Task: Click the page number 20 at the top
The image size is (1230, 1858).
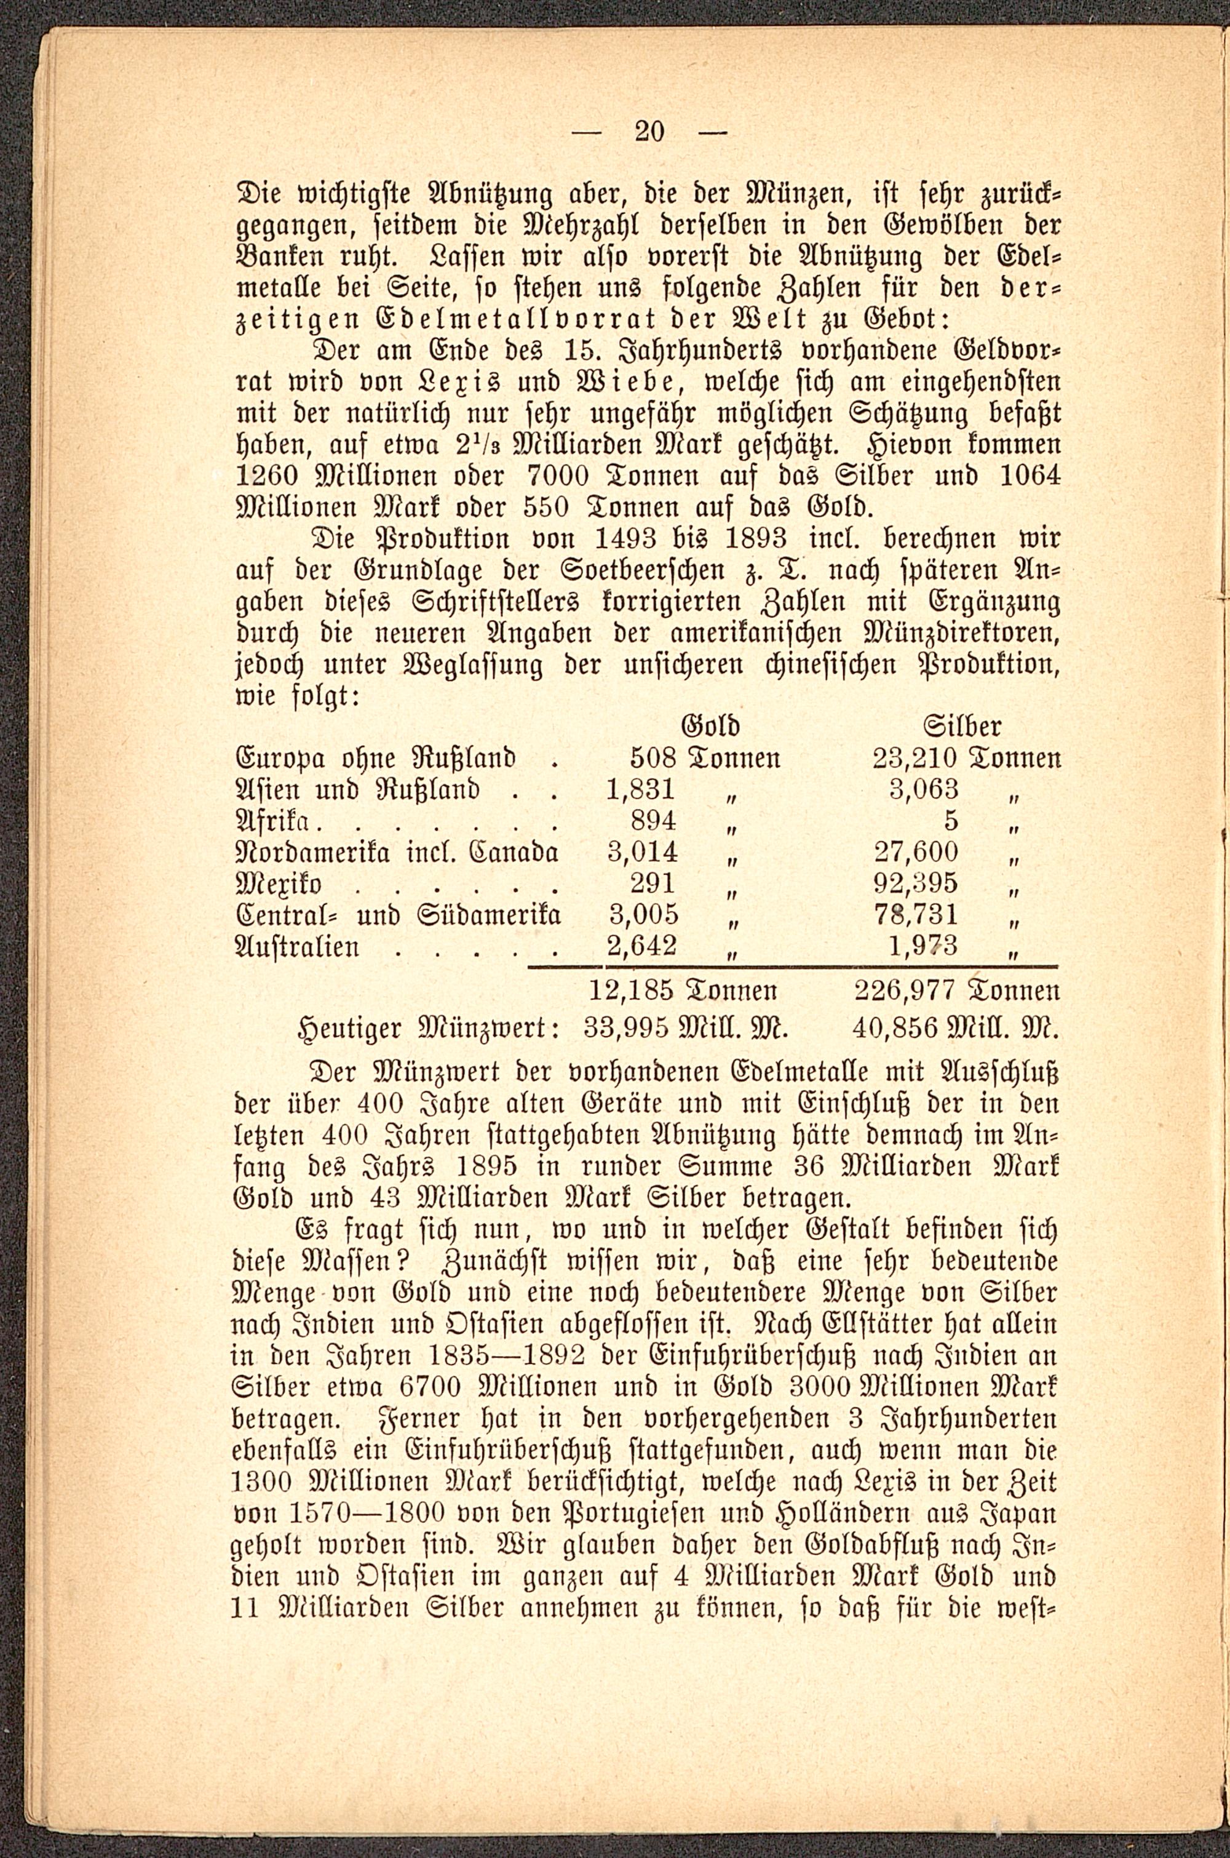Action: pos(649,131)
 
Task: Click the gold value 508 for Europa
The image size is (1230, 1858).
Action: pos(653,758)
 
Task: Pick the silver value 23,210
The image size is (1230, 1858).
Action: pos(914,758)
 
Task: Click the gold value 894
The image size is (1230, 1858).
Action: pos(653,821)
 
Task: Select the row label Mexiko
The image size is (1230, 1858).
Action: pos(279,884)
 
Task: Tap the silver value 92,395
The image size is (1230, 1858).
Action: pos(916,883)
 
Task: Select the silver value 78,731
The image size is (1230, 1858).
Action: pos(916,915)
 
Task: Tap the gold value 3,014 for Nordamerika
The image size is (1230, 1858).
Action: pos(643,852)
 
